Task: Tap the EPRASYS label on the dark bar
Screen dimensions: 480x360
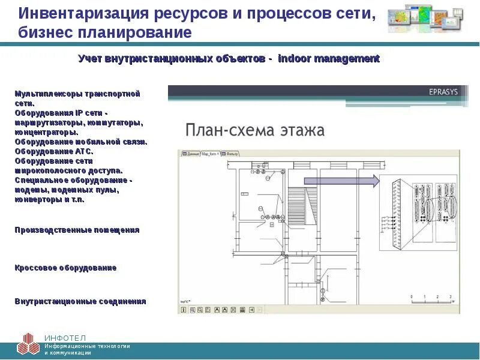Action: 443,92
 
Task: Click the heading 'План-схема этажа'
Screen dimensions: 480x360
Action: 254,130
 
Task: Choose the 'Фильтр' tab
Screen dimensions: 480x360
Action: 232,154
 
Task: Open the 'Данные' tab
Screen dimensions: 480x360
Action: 191,154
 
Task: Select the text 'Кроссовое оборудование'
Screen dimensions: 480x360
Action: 65,268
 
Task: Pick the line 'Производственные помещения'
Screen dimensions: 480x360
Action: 77,230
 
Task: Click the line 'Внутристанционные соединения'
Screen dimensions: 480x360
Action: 80,301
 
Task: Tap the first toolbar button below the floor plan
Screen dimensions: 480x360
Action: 184,310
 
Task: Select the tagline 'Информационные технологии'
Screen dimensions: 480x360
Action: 87,346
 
